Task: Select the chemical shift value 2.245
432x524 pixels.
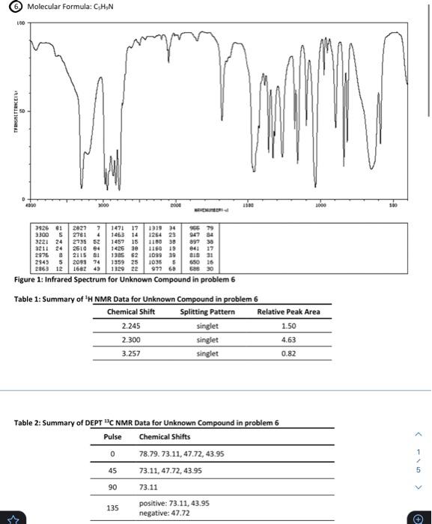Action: [130, 326]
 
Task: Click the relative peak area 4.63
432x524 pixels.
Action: [288, 339]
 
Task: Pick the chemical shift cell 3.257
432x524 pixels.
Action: [130, 353]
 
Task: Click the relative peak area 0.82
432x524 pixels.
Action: [288, 353]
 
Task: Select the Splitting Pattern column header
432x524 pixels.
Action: [207, 311]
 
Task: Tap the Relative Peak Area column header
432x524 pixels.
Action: [288, 311]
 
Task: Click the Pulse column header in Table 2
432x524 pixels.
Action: [112, 436]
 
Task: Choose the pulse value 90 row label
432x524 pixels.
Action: [112, 486]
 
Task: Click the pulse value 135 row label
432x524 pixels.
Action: [112, 508]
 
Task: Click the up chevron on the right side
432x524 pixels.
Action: [419, 433]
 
